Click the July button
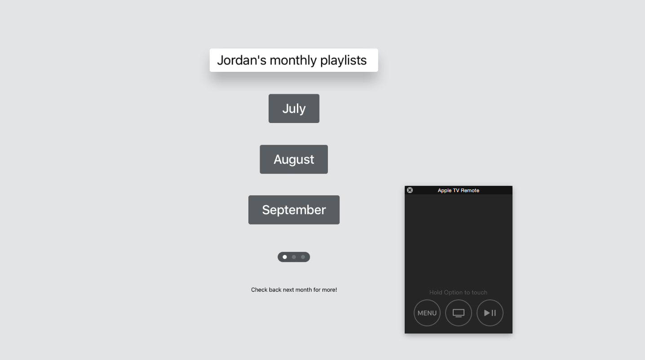tap(294, 109)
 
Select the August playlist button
tap(294, 159)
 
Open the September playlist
tap(294, 210)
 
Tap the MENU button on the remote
tap(427, 313)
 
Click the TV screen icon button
tap(459, 313)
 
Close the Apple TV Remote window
tap(410, 190)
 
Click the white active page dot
tap(285, 257)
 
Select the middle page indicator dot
tap(294, 257)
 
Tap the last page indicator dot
tap(303, 257)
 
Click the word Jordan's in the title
tap(242, 60)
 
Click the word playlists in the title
tap(344, 61)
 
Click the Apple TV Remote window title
tap(459, 190)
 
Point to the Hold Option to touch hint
tap(458, 292)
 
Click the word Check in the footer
tap(259, 290)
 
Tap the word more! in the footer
tap(329, 290)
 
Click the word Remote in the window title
tap(470, 190)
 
